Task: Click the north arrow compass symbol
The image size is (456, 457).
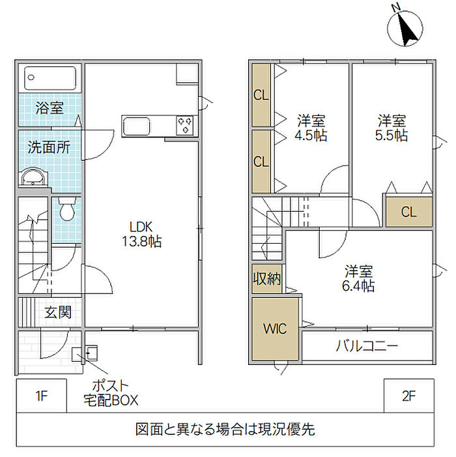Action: click(x=405, y=28)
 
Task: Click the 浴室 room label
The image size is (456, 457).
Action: click(x=50, y=108)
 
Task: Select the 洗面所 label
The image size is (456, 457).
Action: click(x=48, y=147)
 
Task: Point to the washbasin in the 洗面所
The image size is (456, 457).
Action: click(x=32, y=177)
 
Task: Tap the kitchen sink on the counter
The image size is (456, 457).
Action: click(x=137, y=125)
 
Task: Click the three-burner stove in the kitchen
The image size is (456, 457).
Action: click(x=185, y=125)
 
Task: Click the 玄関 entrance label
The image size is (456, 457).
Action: click(x=57, y=312)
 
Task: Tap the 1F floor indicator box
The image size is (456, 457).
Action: click(x=41, y=395)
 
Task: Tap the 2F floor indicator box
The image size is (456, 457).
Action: click(x=408, y=395)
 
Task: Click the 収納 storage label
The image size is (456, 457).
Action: click(x=266, y=280)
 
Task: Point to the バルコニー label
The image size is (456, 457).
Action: click(x=367, y=346)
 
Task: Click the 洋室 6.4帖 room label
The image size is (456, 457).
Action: click(x=359, y=278)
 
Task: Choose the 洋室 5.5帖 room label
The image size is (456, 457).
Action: click(x=392, y=128)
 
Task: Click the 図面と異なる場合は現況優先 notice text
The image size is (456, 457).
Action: click(x=225, y=430)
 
